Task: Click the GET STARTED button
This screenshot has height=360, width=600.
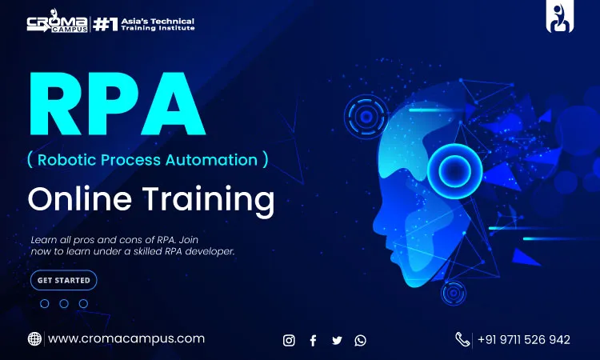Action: tap(63, 280)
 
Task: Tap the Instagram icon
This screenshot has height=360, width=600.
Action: tap(289, 340)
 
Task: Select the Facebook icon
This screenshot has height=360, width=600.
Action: tap(313, 340)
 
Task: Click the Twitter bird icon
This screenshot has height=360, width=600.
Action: tap(337, 340)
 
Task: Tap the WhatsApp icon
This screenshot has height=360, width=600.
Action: tap(360, 340)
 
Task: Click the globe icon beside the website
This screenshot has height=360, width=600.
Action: tap(34, 339)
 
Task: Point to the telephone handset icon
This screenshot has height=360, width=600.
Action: tap(462, 339)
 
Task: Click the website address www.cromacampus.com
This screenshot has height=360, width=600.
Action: tap(126, 339)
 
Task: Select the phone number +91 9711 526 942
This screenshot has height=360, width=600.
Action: tap(524, 340)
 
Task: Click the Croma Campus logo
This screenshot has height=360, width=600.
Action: tap(58, 23)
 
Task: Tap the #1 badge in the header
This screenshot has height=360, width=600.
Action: tap(106, 25)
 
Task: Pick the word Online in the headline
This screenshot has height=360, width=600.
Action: tap(79, 198)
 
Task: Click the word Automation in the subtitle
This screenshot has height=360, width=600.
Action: tap(212, 160)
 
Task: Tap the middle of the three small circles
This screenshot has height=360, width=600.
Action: tap(64, 304)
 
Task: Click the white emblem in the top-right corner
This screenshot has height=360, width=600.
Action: tap(559, 18)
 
